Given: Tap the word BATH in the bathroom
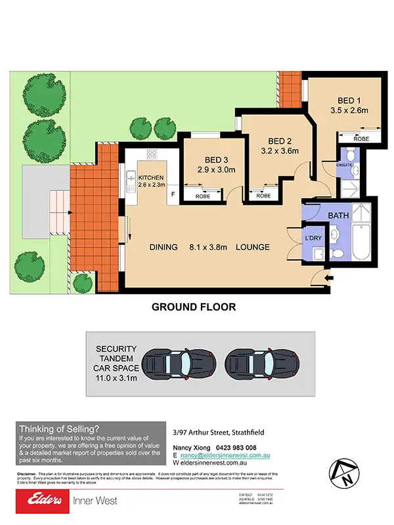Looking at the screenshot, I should pyautogui.click(x=339, y=215).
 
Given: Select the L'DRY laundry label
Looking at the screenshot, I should pyautogui.click(x=312, y=237).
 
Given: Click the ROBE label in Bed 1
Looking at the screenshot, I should pyautogui.click(x=361, y=138).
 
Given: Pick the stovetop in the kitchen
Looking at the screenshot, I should pyautogui.click(x=152, y=156).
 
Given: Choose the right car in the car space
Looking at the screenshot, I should pyautogui.click(x=257, y=363).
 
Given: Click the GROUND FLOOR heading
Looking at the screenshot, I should pyautogui.click(x=194, y=306).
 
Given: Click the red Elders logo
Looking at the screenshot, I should pyautogui.click(x=41, y=501).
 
